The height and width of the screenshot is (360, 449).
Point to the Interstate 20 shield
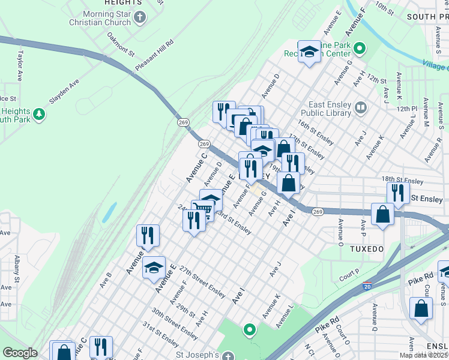(366, 287)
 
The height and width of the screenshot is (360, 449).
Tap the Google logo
(20, 353)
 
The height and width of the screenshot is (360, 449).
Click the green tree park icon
(39, 113)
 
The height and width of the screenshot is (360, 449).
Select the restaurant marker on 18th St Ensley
(397, 192)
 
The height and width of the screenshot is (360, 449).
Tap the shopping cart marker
(203, 209)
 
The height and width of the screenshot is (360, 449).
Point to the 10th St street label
(384, 8)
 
